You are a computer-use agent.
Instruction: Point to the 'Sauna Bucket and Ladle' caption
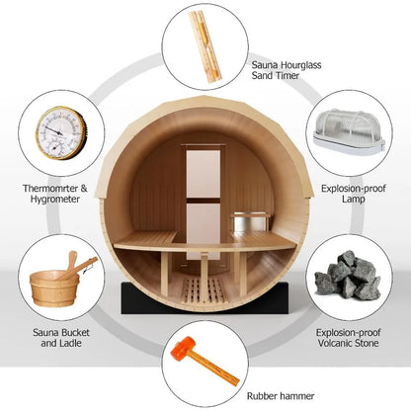pos(53,340)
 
